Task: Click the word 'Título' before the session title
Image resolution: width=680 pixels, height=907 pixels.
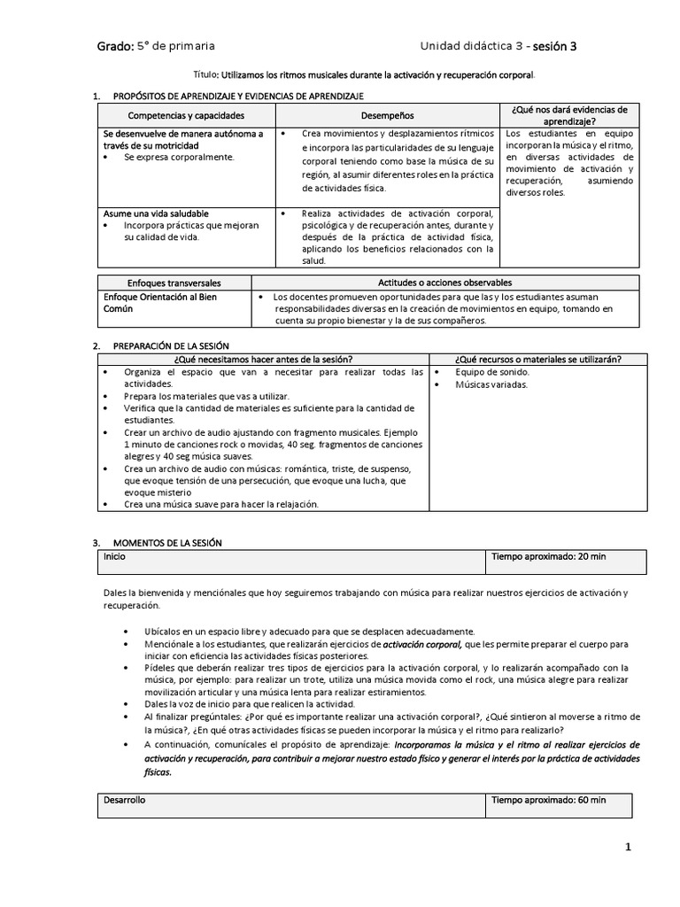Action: (x=205, y=76)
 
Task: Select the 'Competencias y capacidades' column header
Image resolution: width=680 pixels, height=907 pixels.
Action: (x=186, y=116)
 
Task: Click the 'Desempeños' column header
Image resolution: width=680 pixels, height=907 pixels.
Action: (x=387, y=116)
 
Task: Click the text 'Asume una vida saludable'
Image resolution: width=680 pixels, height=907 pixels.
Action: (x=156, y=213)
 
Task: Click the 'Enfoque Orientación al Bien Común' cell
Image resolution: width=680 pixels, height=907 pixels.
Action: (x=160, y=302)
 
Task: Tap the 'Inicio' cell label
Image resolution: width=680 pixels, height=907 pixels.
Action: (x=115, y=556)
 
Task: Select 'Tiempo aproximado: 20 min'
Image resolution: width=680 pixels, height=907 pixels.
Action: (x=549, y=556)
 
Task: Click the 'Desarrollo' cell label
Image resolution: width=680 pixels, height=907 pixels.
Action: (x=124, y=800)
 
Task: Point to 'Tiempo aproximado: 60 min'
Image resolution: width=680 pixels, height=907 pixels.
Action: (x=549, y=800)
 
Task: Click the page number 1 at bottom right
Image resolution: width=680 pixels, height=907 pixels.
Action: (x=628, y=848)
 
